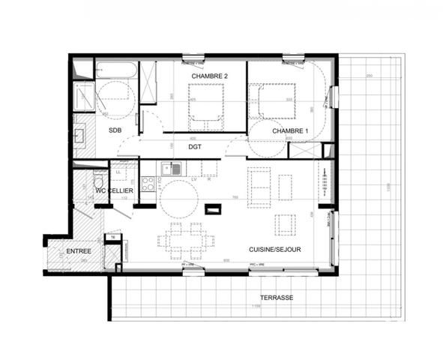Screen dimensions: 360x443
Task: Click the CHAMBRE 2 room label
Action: [209, 76]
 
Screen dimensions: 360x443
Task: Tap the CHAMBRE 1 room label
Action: [290, 131]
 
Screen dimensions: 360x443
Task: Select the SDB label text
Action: [115, 131]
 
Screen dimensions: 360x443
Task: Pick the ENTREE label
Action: [79, 250]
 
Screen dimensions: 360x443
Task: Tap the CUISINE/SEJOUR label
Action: [275, 248]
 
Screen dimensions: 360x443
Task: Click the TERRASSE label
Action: [278, 298]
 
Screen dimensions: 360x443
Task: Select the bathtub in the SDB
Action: [117, 71]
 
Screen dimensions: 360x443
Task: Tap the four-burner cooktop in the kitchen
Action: [148, 183]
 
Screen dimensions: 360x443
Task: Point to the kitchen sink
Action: [175, 169]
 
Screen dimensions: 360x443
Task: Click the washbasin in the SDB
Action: [79, 136]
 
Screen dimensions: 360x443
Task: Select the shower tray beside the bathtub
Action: [83, 96]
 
